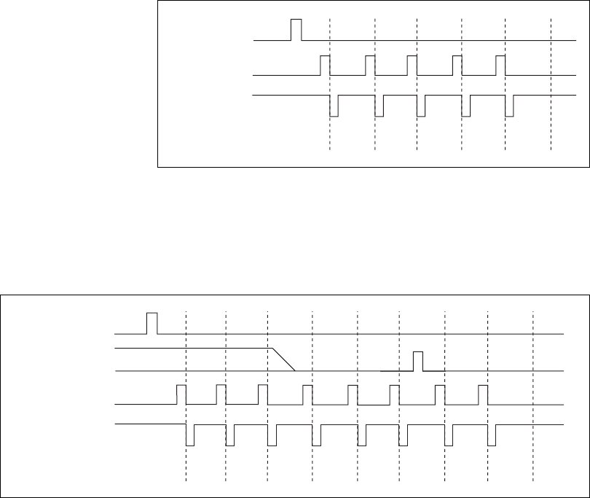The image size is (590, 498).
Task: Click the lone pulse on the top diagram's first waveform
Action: click(296, 30)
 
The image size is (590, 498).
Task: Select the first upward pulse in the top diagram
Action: click(326, 64)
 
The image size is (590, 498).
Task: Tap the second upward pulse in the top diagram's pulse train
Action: click(370, 64)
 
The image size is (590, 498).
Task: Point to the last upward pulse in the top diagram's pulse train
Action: click(500, 64)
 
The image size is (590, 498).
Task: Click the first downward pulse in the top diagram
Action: click(334, 106)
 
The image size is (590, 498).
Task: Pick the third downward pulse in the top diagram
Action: click(421, 106)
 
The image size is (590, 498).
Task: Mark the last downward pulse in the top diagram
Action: click(510, 106)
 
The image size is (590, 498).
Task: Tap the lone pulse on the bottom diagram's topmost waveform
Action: click(152, 322)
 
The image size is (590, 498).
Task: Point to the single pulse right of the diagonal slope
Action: click(418, 361)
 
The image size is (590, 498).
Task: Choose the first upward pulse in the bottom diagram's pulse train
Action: click(182, 394)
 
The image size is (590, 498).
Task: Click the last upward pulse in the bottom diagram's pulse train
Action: click(483, 394)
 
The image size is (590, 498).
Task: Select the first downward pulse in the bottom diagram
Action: click(190, 435)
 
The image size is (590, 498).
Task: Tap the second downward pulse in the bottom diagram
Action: click(230, 435)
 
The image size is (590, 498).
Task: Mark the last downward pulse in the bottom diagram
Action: click(492, 435)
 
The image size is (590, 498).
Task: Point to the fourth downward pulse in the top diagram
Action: click(466, 106)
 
